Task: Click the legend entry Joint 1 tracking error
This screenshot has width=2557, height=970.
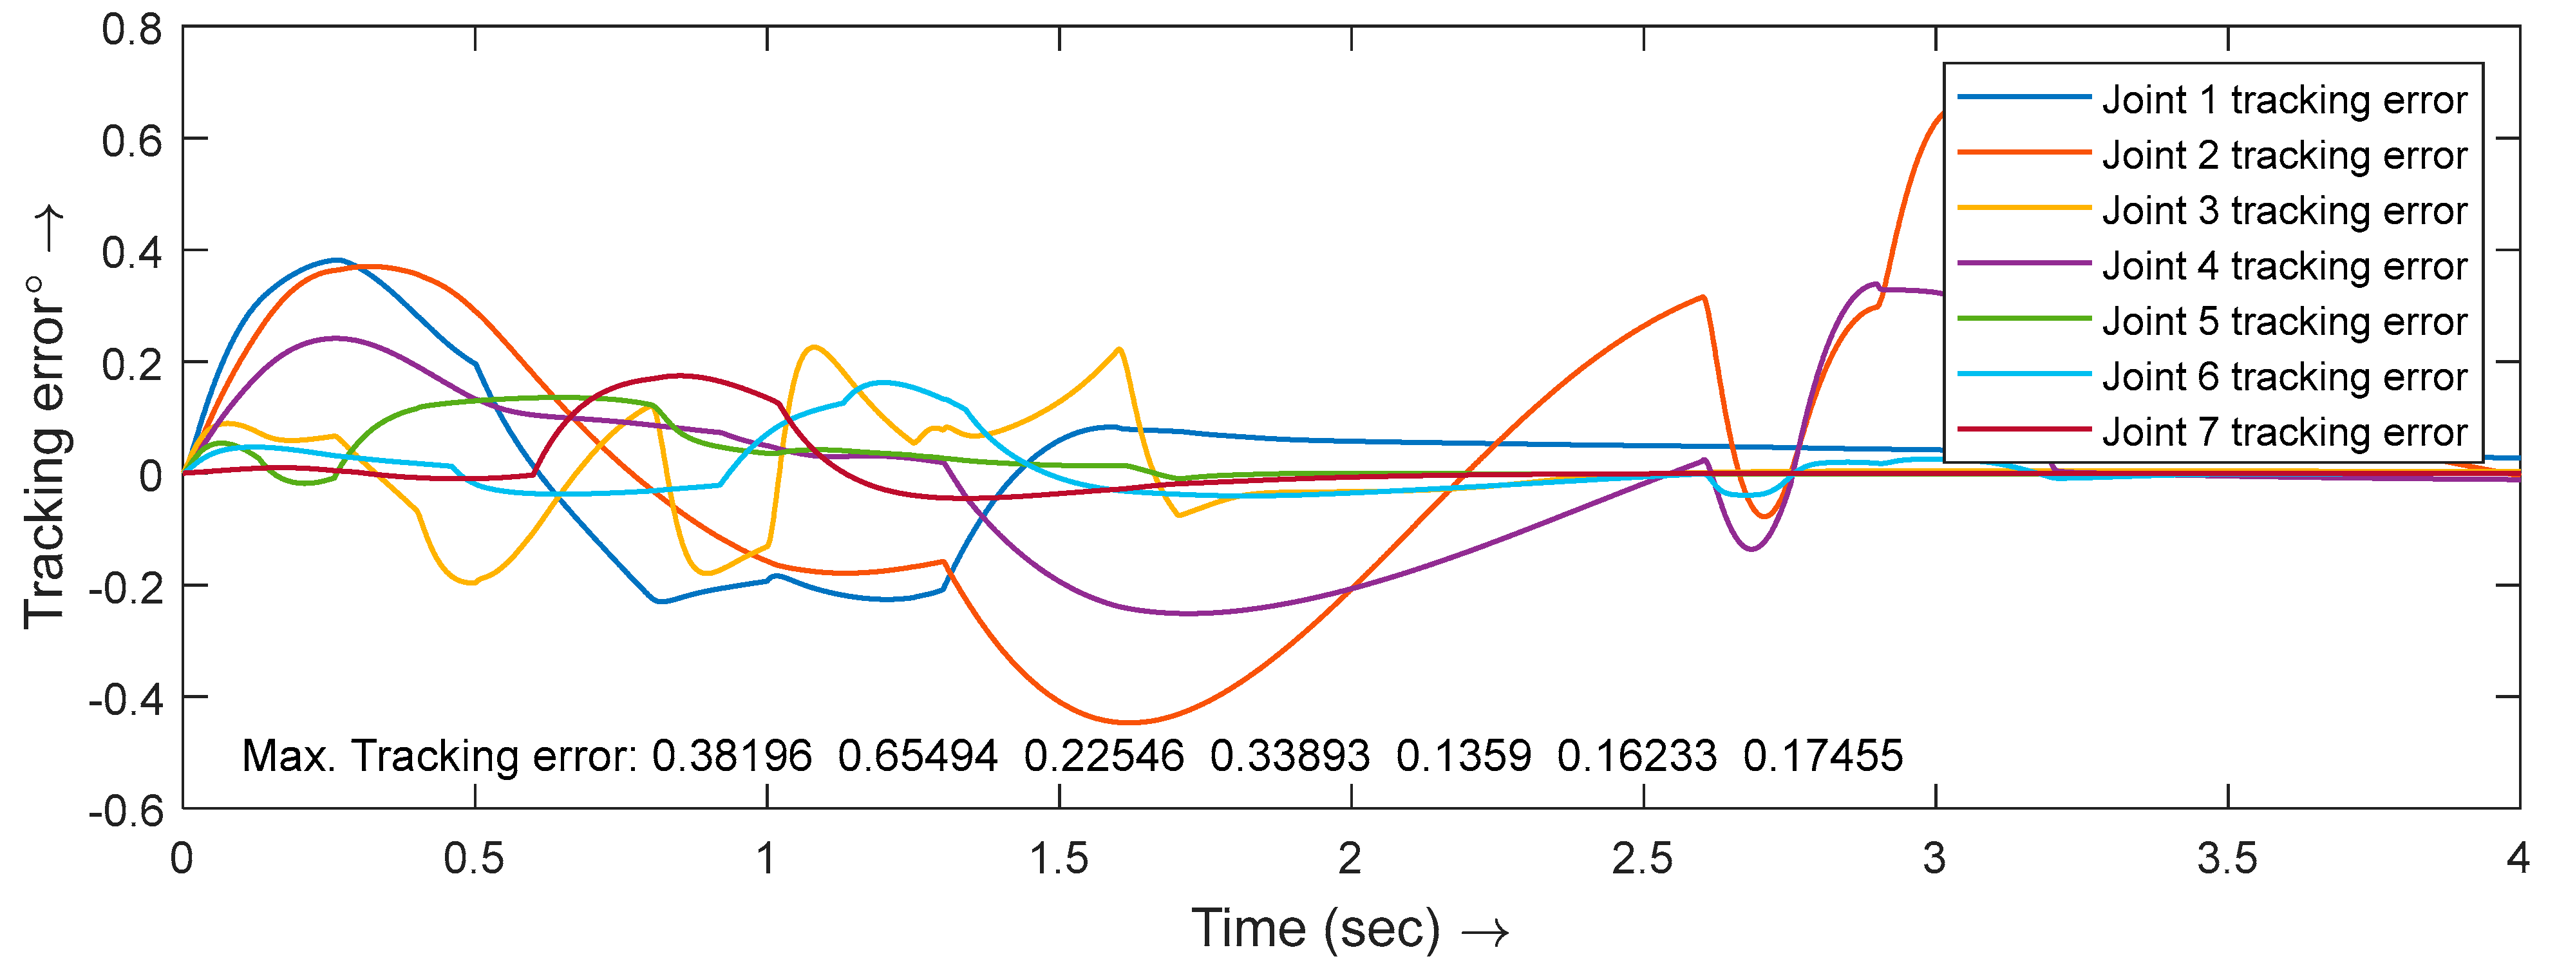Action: [2283, 100]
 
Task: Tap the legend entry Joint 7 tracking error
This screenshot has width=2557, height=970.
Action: [2283, 432]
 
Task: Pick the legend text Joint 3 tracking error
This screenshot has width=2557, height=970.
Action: [2283, 211]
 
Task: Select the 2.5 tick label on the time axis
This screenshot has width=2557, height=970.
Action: [1643, 859]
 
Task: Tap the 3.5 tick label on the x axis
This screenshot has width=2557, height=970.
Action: [2227, 859]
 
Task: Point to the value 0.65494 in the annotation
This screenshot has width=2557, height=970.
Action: [917, 757]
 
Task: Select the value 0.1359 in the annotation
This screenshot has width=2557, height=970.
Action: [1463, 757]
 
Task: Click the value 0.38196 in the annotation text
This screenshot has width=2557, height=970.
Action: [731, 757]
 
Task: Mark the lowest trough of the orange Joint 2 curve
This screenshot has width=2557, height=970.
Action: [1129, 722]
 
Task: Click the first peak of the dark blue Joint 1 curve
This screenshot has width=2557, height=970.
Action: [339, 260]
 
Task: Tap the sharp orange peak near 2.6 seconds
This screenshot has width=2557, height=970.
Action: [1703, 297]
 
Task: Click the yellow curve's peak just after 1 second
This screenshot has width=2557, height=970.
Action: [814, 347]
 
